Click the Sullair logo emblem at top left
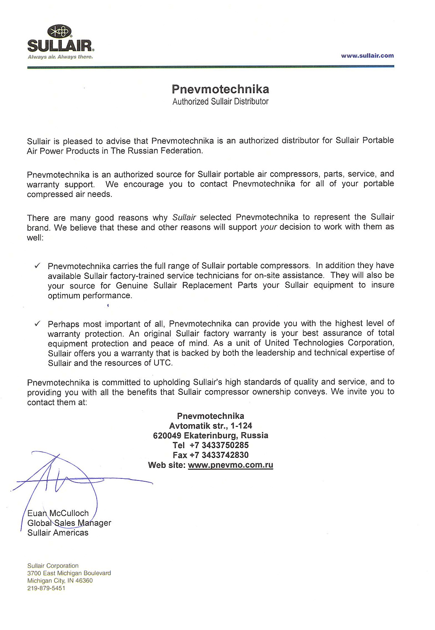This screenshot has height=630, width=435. [60, 31]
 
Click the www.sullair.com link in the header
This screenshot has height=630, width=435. [367, 55]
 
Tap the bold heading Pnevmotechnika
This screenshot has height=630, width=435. [220, 89]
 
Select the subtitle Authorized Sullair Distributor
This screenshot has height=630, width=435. [220, 102]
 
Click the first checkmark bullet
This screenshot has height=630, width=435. [37, 266]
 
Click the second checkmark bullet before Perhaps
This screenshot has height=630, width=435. [37, 324]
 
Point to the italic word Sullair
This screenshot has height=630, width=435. [184, 218]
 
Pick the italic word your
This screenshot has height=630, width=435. [268, 227]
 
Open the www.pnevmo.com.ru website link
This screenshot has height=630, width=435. [230, 465]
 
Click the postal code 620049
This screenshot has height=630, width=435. [167, 436]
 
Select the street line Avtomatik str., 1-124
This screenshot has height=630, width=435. [211, 426]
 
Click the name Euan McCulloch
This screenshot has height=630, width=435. [58, 513]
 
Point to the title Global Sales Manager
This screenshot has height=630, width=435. [69, 523]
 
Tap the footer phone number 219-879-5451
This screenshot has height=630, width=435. [46, 588]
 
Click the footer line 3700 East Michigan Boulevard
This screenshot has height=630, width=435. [69, 573]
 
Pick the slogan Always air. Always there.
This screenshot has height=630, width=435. [60, 57]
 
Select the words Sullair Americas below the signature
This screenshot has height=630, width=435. [58, 533]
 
